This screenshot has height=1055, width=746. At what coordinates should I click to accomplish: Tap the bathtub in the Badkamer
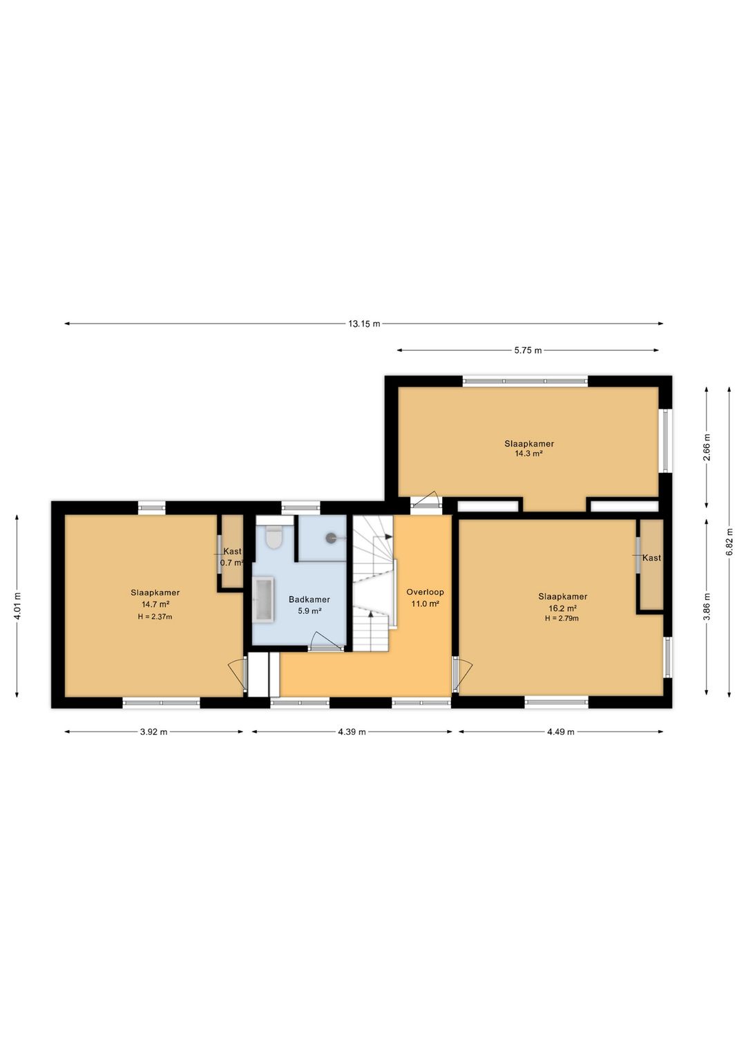point(264,599)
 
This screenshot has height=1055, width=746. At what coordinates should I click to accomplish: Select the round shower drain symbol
point(332,536)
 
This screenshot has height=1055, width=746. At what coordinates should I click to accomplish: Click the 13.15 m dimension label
point(364,324)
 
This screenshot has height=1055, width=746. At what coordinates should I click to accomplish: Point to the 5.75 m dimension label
point(528,350)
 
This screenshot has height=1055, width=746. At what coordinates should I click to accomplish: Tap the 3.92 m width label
point(154,731)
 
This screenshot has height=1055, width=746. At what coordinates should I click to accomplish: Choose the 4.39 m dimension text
point(352,731)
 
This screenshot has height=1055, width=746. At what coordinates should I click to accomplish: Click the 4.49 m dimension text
point(561,731)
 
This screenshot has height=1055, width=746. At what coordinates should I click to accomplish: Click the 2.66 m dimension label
point(707,447)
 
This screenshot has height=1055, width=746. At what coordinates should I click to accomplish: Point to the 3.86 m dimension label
point(707,607)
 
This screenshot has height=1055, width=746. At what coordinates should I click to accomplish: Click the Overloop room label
point(425,592)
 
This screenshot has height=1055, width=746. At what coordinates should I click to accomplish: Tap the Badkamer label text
point(309,599)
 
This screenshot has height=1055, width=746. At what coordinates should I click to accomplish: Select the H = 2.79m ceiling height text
point(562,618)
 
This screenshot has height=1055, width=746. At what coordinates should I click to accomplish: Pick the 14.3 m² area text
point(529,454)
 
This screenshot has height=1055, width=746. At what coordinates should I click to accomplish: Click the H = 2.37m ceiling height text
point(155,617)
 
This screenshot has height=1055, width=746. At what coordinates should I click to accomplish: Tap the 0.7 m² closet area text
point(231,562)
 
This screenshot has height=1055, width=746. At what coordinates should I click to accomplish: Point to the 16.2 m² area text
point(562,608)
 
